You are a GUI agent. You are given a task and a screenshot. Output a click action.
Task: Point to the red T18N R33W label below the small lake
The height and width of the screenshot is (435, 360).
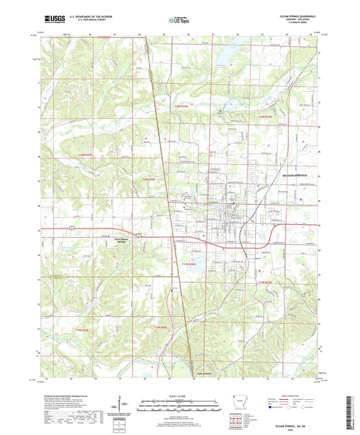(267, 117)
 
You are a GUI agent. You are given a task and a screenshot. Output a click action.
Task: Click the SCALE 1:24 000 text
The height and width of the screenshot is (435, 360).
(180, 398)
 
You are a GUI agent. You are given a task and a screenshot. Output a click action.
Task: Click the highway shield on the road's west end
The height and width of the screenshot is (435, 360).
(70, 230)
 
